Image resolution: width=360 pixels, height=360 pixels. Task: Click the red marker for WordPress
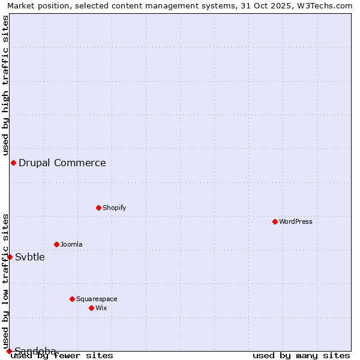pos(275,221)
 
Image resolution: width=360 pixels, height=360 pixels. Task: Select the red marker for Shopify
pos(98,208)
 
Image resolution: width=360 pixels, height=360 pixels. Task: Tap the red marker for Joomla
pos(56,244)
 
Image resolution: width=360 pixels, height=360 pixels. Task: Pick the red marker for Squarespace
pos(72,299)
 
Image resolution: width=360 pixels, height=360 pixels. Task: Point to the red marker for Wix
pos(91,308)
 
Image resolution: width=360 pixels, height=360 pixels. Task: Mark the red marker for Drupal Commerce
pos(13,163)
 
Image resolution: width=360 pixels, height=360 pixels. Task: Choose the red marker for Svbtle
pos(10,257)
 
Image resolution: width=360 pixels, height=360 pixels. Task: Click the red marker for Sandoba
pos(9,351)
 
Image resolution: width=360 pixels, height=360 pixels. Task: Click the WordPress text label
pos(296,221)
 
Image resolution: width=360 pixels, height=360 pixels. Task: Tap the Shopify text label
pos(115,208)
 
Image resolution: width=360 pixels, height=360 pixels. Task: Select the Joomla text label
pos(71,244)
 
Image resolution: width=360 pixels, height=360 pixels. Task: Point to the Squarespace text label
pos(97,299)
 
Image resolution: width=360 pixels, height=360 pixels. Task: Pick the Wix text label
pos(101,308)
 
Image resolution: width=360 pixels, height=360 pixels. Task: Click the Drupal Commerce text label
pos(62,163)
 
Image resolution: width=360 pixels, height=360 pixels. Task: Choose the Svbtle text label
pos(30,257)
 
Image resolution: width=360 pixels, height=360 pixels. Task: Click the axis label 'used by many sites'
pos(301,355)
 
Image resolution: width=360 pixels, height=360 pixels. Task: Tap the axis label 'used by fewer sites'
pos(62,355)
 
